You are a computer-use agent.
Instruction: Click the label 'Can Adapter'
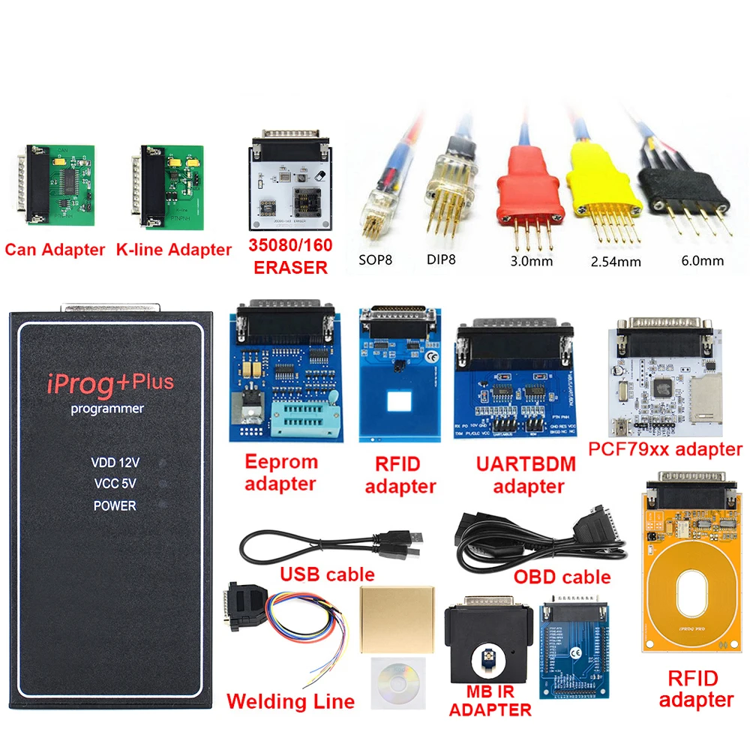click(55, 250)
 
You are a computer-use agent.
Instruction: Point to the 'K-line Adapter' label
click(173, 250)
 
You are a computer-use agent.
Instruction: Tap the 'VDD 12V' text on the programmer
click(115, 463)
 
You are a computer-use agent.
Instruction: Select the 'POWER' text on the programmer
click(115, 505)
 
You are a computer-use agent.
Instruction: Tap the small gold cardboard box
click(397, 616)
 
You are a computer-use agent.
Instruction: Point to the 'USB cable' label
click(327, 574)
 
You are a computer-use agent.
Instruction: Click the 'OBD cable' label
click(562, 577)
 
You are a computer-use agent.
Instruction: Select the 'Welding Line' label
click(290, 702)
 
